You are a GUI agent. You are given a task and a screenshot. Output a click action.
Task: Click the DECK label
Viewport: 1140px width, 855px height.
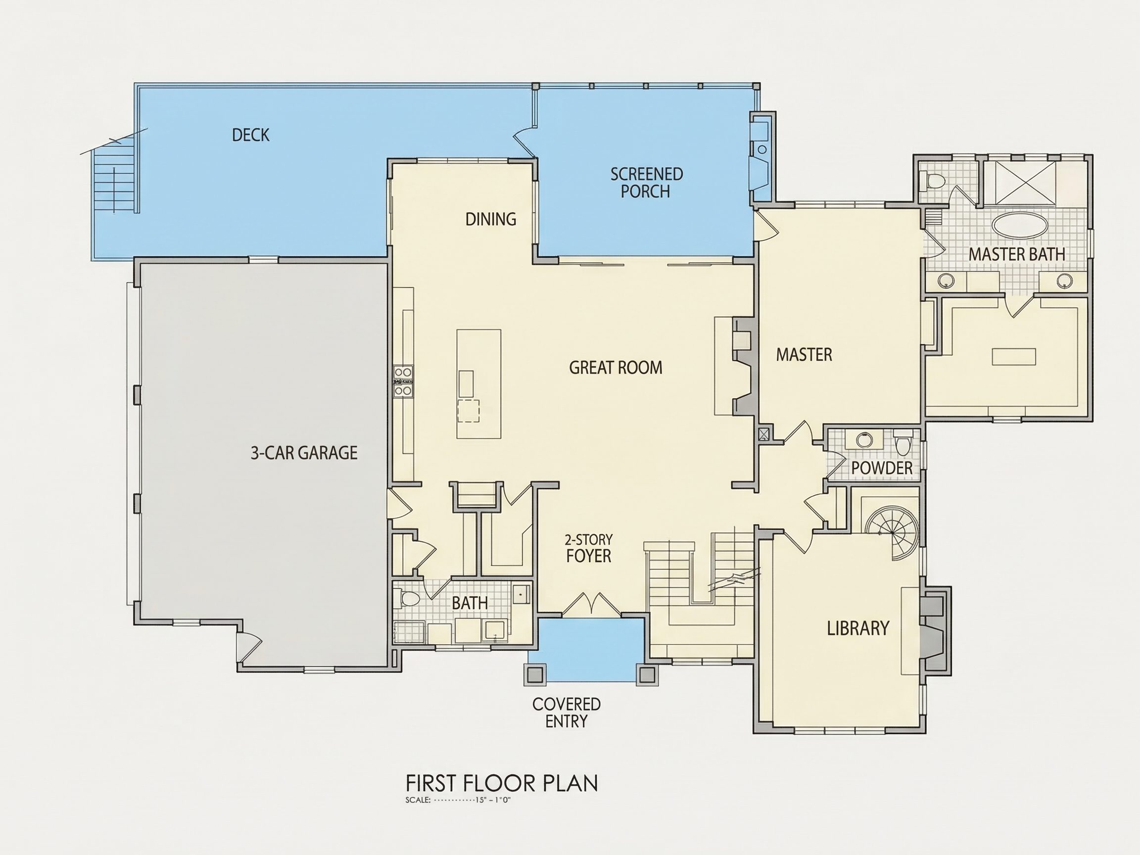click(x=250, y=135)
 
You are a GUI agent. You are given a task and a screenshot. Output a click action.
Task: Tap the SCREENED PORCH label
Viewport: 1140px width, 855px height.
click(x=646, y=183)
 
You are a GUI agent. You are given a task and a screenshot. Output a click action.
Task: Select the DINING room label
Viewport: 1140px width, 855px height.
click(x=491, y=219)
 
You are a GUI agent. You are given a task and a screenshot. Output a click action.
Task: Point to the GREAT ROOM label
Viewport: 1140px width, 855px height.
click(x=616, y=368)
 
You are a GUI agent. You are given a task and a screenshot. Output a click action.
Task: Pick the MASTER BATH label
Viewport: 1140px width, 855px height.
click(x=1016, y=254)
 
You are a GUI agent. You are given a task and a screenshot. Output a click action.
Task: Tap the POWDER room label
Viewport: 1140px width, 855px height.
click(x=882, y=468)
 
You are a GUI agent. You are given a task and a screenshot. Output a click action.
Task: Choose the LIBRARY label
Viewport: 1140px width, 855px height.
click(x=858, y=628)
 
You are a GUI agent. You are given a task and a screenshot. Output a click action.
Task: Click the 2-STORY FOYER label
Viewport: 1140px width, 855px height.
click(x=588, y=548)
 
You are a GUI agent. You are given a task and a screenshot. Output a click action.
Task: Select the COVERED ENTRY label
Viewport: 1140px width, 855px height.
click(x=567, y=713)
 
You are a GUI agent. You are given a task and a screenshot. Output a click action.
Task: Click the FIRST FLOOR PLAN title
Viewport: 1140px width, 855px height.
click(x=501, y=783)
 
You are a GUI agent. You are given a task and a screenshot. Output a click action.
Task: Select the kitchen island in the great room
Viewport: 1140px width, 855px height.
click(x=479, y=384)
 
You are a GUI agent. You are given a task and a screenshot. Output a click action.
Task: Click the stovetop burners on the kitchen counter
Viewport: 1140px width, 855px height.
click(x=403, y=381)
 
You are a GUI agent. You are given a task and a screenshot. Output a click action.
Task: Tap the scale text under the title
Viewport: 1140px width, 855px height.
click(x=458, y=801)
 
